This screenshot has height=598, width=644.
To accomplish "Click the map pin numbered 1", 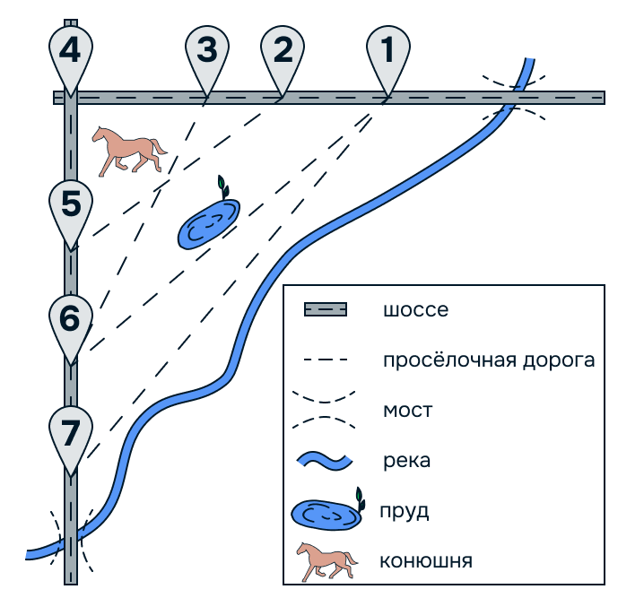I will tap(387, 51).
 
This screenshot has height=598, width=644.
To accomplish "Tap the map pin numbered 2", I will tap(283, 51).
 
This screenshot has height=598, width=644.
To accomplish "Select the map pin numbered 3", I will tap(206, 51).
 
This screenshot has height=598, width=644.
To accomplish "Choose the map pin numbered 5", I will tap(71, 206).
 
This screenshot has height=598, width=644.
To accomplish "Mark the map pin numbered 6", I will tap(71, 319).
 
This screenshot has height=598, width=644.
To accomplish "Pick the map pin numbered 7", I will tap(71, 432).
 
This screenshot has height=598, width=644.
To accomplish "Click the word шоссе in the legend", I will tap(415, 311).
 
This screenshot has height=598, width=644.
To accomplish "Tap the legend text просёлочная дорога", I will tap(489, 360).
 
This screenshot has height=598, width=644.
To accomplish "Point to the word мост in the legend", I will tap(408, 411).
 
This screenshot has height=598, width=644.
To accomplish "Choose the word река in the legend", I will tap(406, 462).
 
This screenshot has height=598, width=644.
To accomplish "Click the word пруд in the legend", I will tap(405, 512).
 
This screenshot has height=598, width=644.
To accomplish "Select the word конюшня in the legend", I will tap(426, 561).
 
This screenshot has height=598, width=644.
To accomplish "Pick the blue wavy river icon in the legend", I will tap(326, 462).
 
